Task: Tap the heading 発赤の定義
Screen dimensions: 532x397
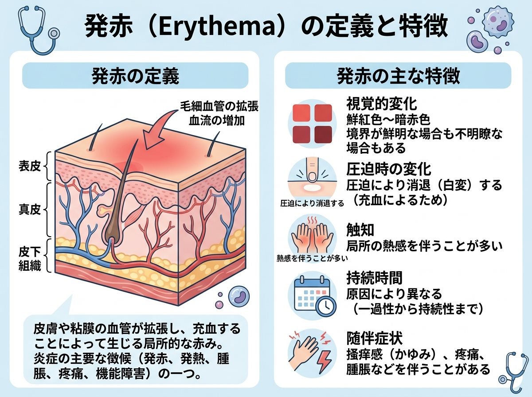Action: [135, 76]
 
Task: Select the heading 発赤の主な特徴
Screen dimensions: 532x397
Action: [398, 76]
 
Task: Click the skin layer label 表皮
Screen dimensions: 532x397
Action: [30, 166]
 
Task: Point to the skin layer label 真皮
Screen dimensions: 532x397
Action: [30, 209]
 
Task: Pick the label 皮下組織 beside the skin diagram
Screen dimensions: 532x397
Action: [30, 259]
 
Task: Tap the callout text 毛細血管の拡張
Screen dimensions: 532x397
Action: [219, 106]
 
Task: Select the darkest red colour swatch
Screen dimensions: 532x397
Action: [323, 134]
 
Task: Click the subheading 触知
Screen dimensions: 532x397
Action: [360, 230]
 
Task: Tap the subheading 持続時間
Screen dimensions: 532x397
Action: [375, 277]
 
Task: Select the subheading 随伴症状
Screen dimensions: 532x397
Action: [375, 338]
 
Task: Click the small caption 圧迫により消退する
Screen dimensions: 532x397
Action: [312, 203]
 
